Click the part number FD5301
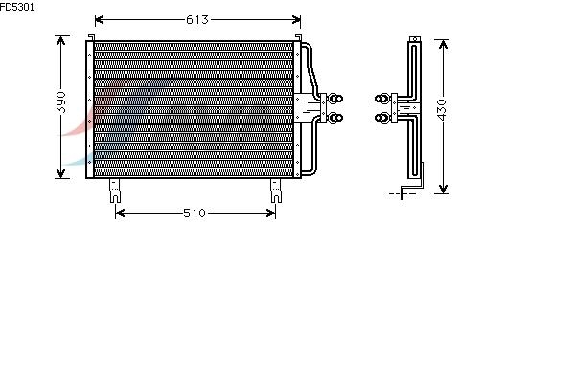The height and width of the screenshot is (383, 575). coord(17,7)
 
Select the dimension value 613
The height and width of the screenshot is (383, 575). coord(196,19)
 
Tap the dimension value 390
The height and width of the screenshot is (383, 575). coord(61,102)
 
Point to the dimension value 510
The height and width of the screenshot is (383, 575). coord(195,213)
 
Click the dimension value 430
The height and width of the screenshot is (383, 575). coord(442,109)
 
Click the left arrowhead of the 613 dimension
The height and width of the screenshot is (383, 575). coord(100,19)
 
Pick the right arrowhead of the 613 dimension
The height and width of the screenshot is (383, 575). coord(296,19)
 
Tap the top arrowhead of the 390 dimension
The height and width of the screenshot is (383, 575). coord(61,40)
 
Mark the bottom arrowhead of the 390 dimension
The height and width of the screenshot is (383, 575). coord(61,173)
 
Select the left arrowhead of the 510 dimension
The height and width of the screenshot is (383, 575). coord(120,213)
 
